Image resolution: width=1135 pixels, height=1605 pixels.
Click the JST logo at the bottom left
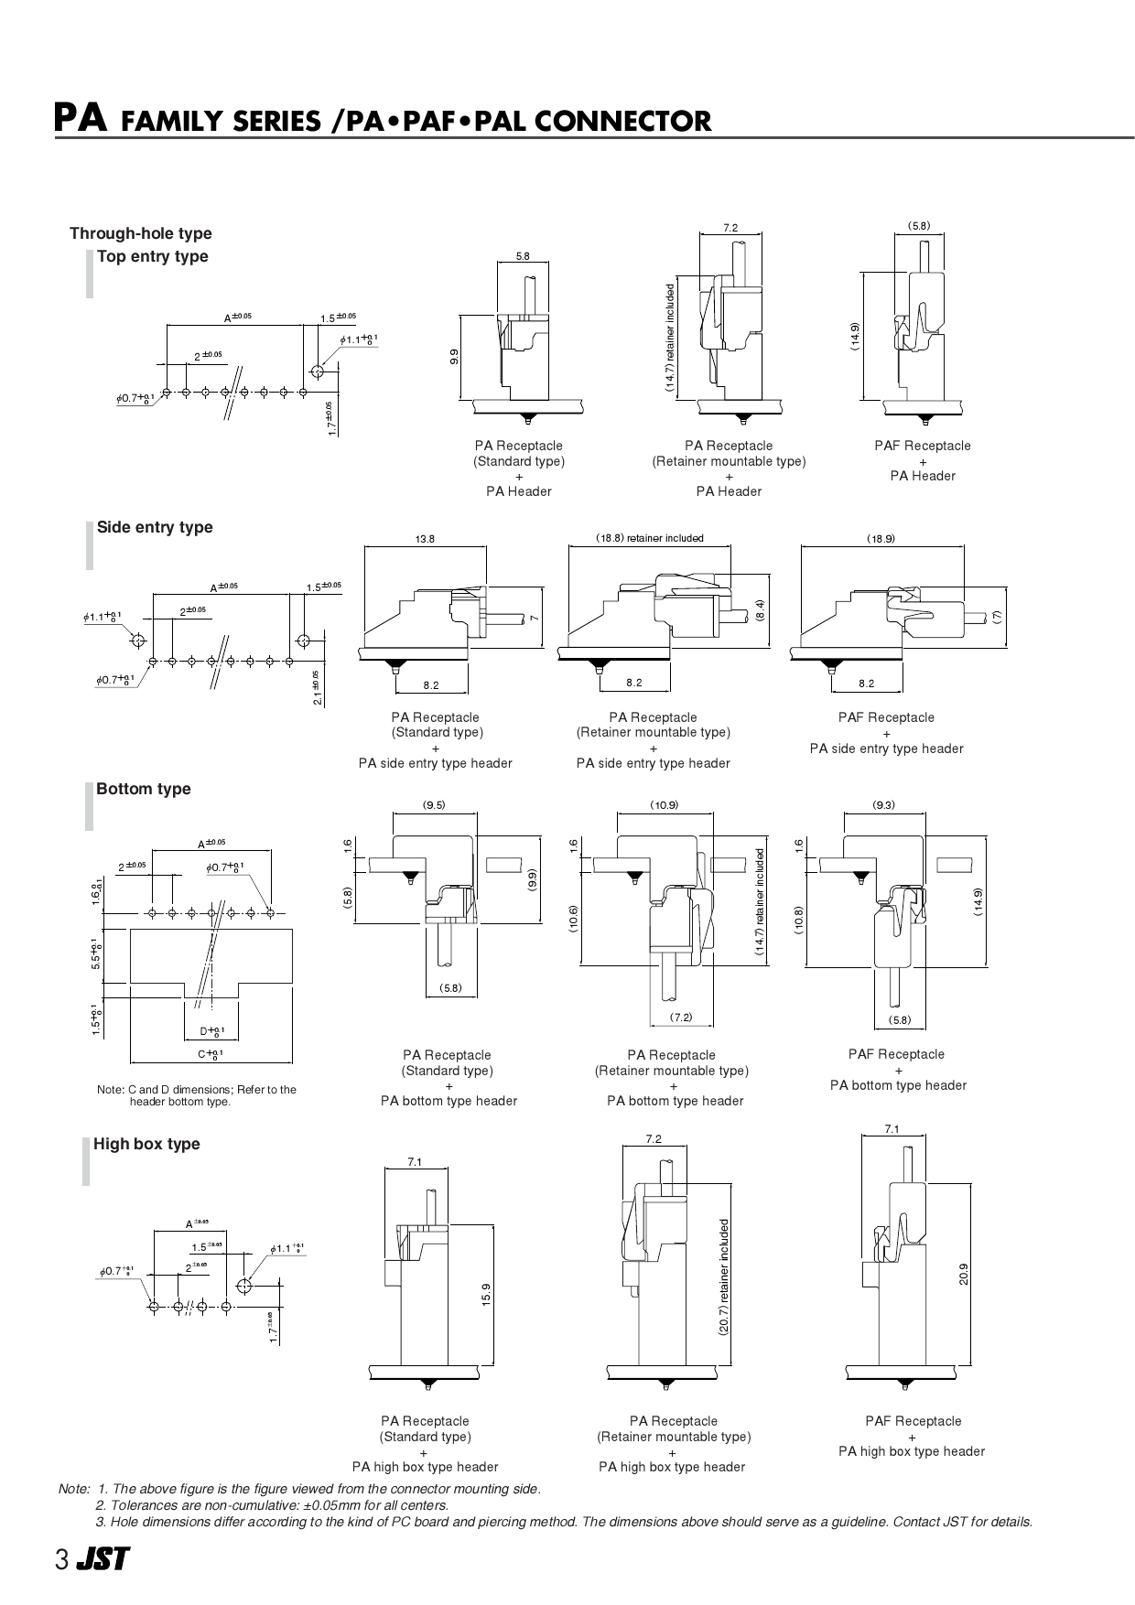[x=103, y=1560]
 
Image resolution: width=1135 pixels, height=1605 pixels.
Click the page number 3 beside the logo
[x=61, y=1560]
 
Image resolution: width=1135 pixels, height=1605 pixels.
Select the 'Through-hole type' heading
[x=140, y=233]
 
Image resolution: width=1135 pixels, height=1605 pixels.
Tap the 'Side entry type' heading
[x=154, y=527]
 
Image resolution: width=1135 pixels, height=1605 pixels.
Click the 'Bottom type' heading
[x=143, y=789]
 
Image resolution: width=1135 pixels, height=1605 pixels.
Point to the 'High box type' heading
[x=146, y=1144]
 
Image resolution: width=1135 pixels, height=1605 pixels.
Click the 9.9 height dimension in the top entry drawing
[x=454, y=357]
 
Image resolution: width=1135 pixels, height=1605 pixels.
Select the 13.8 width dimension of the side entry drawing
[x=426, y=539]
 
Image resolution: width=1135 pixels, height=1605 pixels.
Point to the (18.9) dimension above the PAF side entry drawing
[x=881, y=539]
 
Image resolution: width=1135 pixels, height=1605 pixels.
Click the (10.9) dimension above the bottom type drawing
[x=665, y=805]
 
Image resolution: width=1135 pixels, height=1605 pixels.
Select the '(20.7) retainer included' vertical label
[x=723, y=1277]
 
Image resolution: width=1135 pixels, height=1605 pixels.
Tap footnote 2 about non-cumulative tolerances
[x=272, y=1505]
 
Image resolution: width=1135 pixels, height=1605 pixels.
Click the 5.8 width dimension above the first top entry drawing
[x=522, y=256]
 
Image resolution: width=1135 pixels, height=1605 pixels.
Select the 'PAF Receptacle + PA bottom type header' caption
[x=897, y=1070]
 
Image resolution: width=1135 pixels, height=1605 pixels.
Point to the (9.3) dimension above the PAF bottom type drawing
[x=883, y=805]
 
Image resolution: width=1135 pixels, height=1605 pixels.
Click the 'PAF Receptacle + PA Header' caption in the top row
[x=922, y=460]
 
